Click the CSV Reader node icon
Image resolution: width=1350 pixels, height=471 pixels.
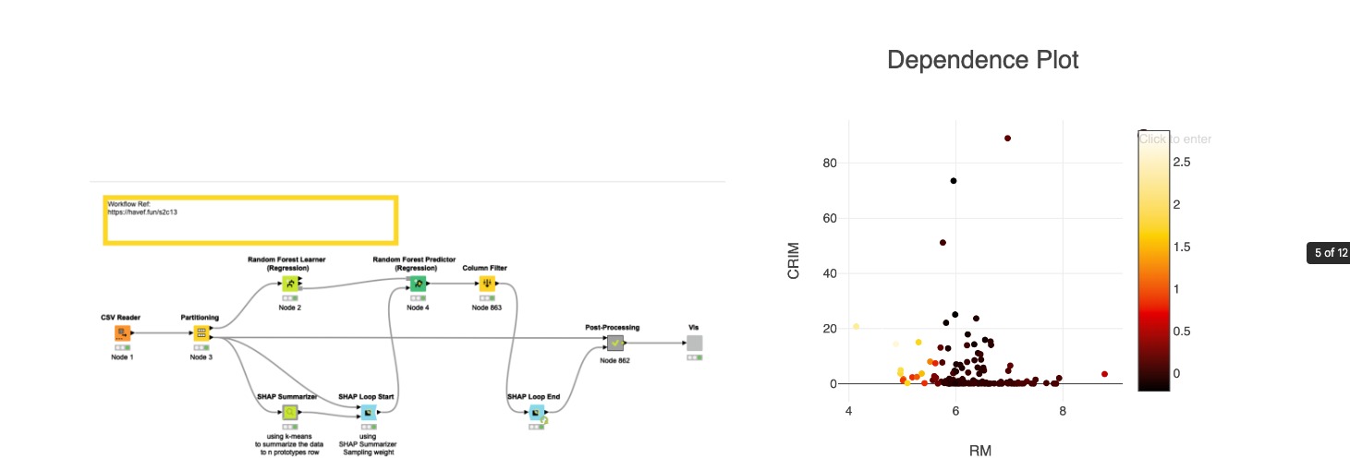[x=122, y=332]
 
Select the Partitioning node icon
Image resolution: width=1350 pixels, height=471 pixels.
[x=201, y=332]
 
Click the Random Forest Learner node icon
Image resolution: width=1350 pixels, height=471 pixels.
[x=290, y=284]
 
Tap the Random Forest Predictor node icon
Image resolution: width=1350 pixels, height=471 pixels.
[x=417, y=284]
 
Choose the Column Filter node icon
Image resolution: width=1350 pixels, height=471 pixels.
[x=486, y=284]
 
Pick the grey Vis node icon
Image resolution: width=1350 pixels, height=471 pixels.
[x=694, y=343]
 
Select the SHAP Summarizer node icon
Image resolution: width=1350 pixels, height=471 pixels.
[x=290, y=412]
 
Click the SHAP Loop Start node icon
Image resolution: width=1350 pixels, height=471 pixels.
[x=368, y=412]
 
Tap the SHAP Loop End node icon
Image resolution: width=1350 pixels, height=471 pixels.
[x=535, y=412]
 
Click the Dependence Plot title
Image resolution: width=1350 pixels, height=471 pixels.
[x=982, y=60]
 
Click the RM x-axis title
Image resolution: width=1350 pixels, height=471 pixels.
[x=980, y=451]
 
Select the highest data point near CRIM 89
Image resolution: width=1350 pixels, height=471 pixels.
[x=1007, y=138]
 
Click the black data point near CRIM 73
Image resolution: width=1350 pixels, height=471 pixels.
[x=954, y=181]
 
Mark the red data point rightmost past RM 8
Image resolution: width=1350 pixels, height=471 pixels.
[x=1104, y=374]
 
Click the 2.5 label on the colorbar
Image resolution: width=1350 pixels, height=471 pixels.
[x=1181, y=162]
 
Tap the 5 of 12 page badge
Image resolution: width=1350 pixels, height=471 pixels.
[x=1328, y=253]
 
